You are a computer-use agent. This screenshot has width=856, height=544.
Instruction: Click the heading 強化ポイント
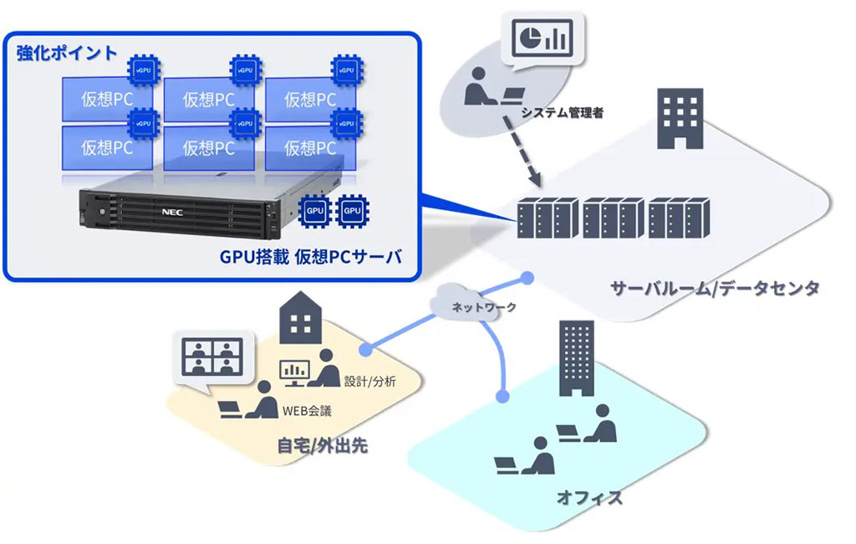coord(67,53)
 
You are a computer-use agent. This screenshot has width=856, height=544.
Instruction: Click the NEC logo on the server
coord(171,213)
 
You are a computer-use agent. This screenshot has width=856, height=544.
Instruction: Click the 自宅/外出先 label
coord(322,445)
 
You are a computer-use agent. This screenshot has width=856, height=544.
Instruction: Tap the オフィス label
coord(590,498)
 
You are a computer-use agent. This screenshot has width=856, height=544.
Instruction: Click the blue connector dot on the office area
coord(503,394)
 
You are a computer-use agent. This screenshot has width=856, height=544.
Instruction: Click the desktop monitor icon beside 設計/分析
coord(293,373)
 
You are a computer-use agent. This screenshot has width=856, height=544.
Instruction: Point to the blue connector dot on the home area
coord(364,347)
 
